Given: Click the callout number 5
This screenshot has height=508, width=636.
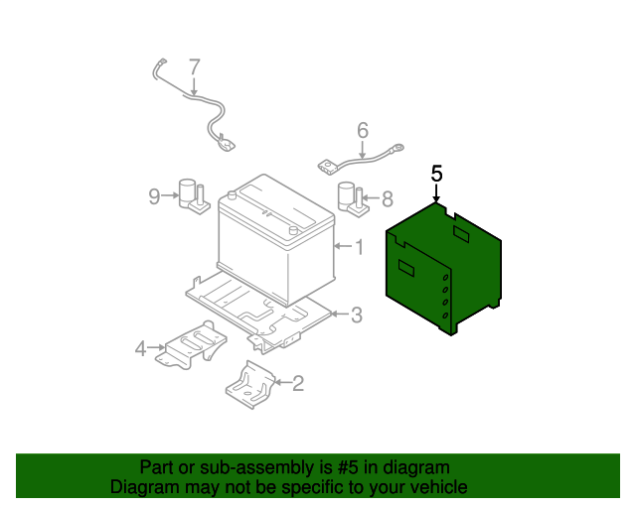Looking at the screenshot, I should pos(436,173).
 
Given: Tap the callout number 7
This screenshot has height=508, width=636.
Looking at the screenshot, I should pos(195,66).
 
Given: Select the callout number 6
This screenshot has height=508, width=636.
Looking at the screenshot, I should pos(362,130).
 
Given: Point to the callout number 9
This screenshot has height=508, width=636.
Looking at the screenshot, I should pos(154,196).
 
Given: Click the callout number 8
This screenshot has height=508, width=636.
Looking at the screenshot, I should pos(387,198).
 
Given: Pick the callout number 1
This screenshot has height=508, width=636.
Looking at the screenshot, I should pos(359,246).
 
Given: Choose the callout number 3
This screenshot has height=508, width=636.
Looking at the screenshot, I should pos(357,316).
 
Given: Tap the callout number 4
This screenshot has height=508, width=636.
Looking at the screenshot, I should pos(140,348).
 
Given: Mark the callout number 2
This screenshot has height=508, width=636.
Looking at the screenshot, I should pos(297,381).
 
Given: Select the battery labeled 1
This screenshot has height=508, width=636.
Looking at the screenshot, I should pos(275,243).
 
